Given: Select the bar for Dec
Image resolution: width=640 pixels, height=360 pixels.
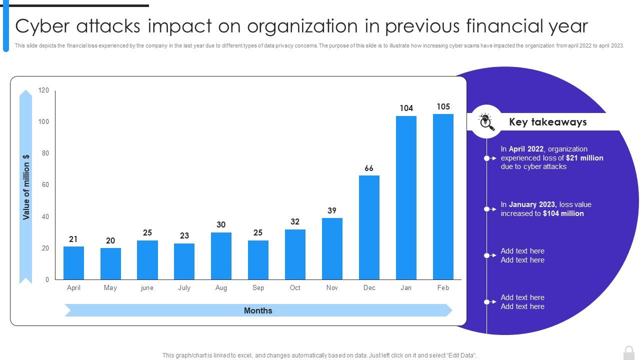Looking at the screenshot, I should point(369,227).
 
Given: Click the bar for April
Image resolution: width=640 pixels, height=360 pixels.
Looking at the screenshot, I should point(73,263).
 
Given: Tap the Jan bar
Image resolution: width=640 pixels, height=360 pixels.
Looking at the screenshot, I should point(406,197).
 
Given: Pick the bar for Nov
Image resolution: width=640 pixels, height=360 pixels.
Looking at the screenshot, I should point(332,248).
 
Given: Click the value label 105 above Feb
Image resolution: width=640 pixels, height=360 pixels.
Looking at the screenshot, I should point(443,106).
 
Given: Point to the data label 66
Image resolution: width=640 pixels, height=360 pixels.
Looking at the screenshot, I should point(369,168).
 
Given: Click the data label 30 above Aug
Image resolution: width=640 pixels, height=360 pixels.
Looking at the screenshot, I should point(221,225).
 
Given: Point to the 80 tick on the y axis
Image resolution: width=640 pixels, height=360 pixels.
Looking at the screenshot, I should point(45,153).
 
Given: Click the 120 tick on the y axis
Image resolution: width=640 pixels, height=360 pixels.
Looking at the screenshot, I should point(44,90).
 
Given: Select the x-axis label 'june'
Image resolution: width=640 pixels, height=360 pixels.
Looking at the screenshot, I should point(147,288).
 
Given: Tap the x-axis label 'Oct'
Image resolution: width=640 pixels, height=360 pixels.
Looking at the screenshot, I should point(295,288).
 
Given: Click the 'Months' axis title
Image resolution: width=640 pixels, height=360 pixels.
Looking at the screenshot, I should point(258,310).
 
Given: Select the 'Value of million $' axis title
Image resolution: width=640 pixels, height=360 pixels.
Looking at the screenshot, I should point(26,186).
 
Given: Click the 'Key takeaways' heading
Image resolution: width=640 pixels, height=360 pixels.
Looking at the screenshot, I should point(547,122).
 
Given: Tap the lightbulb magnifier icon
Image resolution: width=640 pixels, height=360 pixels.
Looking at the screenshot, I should point(486,121).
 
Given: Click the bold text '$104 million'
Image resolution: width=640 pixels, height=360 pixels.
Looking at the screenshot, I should point(563,213).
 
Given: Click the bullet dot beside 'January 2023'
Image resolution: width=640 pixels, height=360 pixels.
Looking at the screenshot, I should point(486,209).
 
